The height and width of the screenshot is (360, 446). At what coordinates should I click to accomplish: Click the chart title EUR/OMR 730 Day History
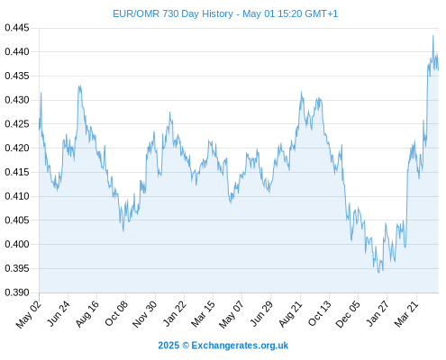tap(173, 13)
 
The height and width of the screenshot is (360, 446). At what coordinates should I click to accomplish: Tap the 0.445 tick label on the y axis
tap(17, 28)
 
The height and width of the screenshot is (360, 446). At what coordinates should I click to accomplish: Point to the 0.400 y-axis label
tap(17, 244)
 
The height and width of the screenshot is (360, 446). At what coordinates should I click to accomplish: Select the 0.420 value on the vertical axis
tap(17, 148)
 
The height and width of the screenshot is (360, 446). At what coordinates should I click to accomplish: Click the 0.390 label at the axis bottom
tap(17, 292)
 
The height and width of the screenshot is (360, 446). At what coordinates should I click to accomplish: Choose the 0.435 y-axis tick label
tap(17, 76)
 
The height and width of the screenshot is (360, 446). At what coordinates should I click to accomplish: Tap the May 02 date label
tap(29, 314)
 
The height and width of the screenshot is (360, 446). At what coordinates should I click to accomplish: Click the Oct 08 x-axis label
tap(116, 313)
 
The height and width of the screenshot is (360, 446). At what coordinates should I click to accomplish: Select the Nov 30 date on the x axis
tap(144, 314)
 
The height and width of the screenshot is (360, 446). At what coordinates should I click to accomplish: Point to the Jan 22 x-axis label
tap(175, 313)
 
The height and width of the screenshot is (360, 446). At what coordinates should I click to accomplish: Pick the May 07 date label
tap(231, 314)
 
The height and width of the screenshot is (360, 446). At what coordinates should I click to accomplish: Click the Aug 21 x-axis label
tap(290, 314)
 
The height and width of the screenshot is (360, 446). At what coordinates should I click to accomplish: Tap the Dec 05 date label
tap(347, 314)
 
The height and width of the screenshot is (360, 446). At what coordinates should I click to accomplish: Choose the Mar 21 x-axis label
tap(406, 314)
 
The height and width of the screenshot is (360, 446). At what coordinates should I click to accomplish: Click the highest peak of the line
tap(433, 36)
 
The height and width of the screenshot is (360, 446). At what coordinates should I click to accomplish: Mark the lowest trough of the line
tap(378, 273)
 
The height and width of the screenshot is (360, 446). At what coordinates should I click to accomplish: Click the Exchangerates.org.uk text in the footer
tap(240, 346)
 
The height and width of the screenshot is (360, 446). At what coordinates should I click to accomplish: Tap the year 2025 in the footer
tap(168, 346)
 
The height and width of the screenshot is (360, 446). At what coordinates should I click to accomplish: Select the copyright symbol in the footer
tap(186, 346)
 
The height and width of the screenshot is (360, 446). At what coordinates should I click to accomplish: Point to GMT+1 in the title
tap(321, 13)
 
